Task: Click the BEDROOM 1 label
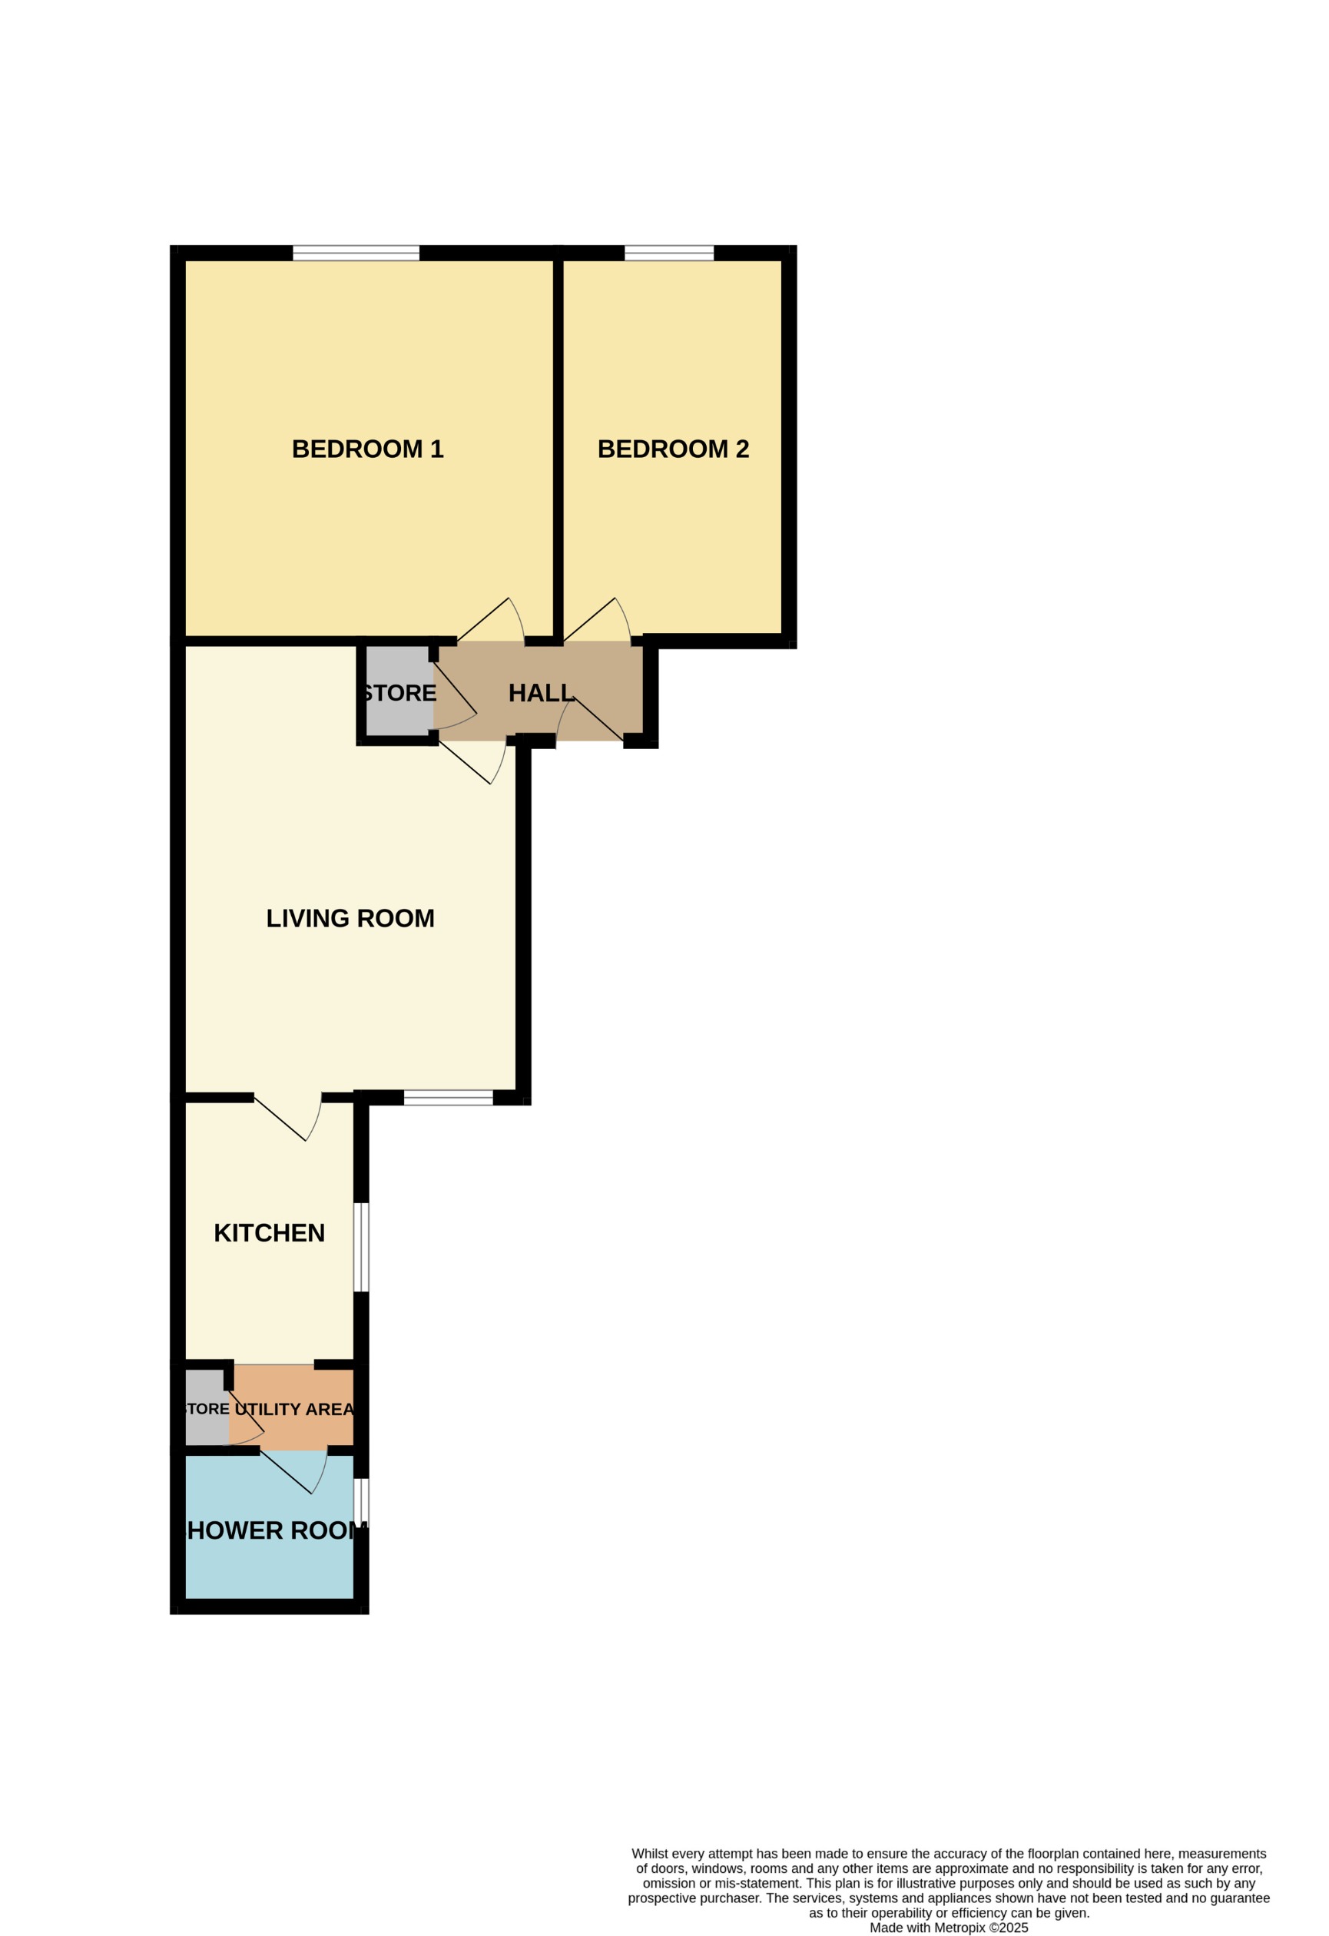pos(367,449)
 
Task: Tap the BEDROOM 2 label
pos(673,449)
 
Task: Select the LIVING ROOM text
pos(350,918)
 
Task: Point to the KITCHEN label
pos(269,1233)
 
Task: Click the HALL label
pos(542,693)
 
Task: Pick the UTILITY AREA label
pos(294,1409)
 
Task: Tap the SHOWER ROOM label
pos(272,1530)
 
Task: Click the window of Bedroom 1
pos(356,254)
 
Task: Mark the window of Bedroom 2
pos(669,254)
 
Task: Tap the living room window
pos(449,1098)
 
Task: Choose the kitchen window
pos(362,1247)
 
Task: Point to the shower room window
pos(362,1500)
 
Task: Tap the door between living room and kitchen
pos(292,1116)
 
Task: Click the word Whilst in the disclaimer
pos(650,1854)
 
